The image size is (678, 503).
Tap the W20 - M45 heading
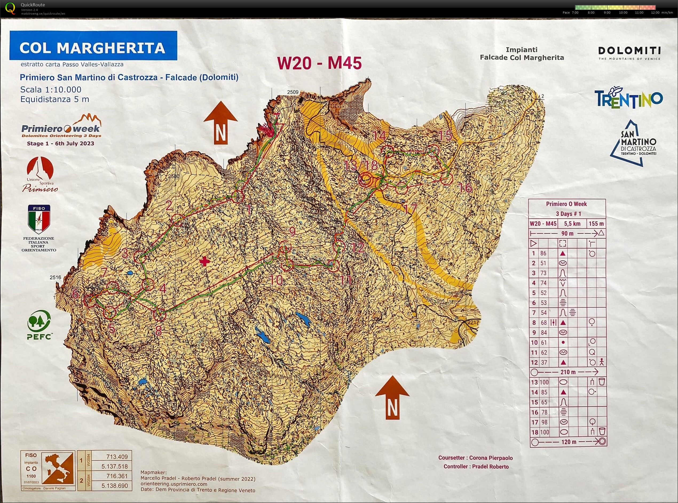[x=319, y=63]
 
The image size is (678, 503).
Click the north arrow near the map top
[x=220, y=123]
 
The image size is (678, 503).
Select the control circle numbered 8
[x=159, y=315]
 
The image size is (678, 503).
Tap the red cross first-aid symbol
[x=204, y=261]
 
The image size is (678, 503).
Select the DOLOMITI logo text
[x=629, y=51]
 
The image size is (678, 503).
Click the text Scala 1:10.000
[x=51, y=90]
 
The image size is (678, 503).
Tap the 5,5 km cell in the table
[x=572, y=223]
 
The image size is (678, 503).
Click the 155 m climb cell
[x=596, y=223]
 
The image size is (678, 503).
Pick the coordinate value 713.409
[x=117, y=456]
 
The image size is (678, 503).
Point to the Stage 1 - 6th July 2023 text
[x=60, y=143]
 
